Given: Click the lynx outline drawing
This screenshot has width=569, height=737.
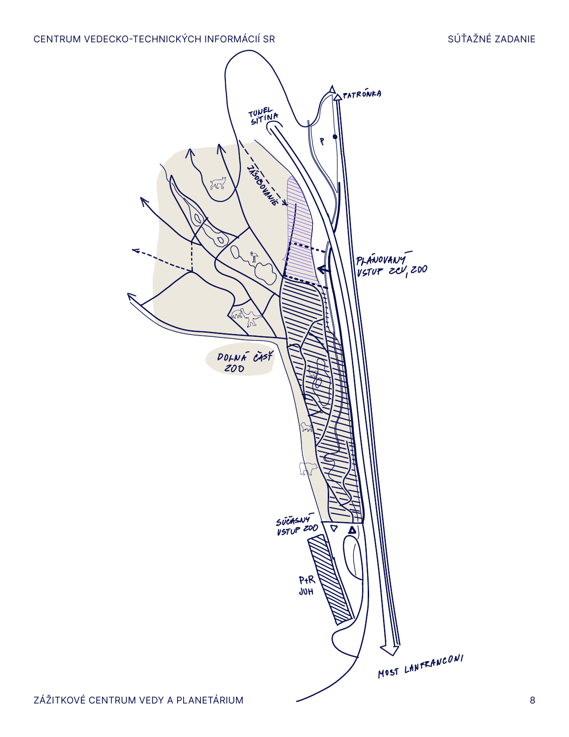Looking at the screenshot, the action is click(x=218, y=183).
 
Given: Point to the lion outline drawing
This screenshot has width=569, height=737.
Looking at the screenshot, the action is click(x=307, y=427).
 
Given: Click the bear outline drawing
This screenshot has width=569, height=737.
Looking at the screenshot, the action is click(x=308, y=469).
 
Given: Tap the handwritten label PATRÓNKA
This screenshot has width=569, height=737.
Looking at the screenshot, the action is click(x=362, y=94).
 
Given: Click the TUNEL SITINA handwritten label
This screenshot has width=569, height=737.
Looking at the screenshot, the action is click(x=264, y=116).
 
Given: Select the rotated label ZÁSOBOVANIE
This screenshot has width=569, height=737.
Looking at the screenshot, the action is click(x=263, y=186).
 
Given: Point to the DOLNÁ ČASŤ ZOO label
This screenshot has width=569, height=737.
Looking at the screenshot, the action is click(x=245, y=362).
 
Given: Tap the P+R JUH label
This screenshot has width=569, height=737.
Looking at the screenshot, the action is click(x=307, y=586).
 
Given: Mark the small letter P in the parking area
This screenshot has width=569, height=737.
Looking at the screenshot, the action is click(x=322, y=141).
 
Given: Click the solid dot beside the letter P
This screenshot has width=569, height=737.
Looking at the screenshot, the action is click(x=335, y=137).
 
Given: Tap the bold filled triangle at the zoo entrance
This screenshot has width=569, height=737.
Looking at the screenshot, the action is click(x=352, y=530).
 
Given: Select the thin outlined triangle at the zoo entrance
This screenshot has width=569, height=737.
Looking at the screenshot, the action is click(x=334, y=529).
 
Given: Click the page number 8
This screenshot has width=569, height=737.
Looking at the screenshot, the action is click(x=532, y=700).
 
